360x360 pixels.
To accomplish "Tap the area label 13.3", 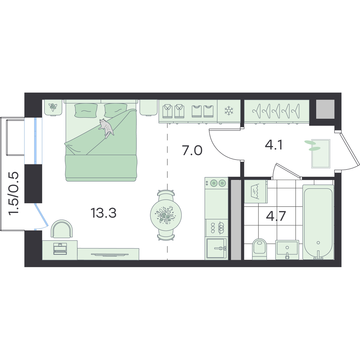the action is tap(103, 213).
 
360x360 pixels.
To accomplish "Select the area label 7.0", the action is tap(192, 151).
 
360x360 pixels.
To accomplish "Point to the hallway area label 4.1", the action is tap(274, 145).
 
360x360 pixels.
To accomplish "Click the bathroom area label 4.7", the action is tap(276, 216).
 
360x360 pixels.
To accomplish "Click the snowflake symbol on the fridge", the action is tap(229, 111).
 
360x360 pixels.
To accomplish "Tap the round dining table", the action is tap(166, 215).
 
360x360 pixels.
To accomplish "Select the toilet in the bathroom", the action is tap(259, 249).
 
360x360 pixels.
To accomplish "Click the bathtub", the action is tap(318, 222).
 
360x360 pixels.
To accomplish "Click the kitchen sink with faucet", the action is tap(216, 248).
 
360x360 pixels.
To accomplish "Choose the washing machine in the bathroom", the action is tap(256, 191).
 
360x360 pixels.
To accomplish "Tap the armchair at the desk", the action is tap(62, 229).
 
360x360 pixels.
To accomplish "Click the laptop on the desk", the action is tap(60, 249).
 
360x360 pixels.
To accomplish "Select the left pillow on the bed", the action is tap(86, 111).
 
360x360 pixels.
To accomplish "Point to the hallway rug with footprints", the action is tap(321, 154).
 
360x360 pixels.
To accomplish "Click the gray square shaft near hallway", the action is tap(325, 109).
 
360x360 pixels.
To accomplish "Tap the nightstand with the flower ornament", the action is tap(53, 108).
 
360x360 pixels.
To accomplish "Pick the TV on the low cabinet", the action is tap(110, 255).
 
